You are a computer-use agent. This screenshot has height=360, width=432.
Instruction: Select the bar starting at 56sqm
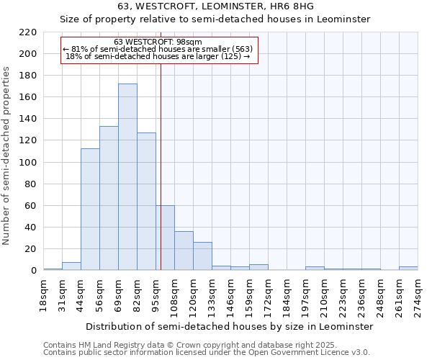pos(109,198)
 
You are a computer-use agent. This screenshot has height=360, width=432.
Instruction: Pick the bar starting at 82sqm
pos(146,202)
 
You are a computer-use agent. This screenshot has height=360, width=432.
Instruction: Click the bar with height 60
pos(165,238)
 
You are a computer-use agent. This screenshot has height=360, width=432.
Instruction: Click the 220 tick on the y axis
pos(28,32)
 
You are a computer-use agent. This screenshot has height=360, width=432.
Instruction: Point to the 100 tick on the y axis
pos(28,163)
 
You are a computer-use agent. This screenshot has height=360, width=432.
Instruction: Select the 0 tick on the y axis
pos(33,271)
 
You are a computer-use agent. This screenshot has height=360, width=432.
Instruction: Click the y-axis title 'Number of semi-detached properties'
pos(7,156)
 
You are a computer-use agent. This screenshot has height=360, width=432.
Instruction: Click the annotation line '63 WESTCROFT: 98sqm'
pos(158,42)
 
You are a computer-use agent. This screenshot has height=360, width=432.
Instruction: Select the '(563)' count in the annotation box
pos(239,49)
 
